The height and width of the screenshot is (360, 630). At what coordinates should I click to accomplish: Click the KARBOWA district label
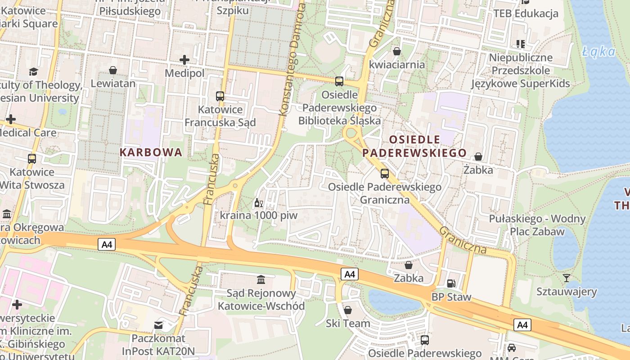click(x=151, y=152)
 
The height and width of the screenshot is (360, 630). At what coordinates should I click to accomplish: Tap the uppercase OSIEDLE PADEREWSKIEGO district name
click(x=414, y=146)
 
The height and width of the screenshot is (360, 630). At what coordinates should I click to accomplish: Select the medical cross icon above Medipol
click(x=184, y=59)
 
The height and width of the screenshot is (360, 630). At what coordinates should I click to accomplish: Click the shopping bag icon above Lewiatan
click(x=113, y=70)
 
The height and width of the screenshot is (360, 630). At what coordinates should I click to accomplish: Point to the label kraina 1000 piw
click(x=259, y=215)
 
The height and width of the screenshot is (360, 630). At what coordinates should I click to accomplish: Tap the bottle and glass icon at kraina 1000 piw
click(x=258, y=203)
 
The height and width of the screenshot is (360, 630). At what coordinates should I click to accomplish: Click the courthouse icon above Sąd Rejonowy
click(x=261, y=280)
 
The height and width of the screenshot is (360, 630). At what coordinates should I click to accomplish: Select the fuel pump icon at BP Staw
click(x=451, y=283)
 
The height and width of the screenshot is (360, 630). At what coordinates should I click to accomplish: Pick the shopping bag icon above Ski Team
click(x=348, y=310)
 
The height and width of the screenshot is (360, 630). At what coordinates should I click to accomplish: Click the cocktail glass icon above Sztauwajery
click(x=567, y=278)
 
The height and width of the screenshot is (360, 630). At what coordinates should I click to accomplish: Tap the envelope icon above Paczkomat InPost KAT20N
click(x=158, y=324)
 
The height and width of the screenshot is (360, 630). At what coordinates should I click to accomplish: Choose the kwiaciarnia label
click(x=396, y=64)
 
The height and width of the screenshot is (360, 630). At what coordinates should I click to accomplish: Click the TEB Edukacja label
click(x=526, y=13)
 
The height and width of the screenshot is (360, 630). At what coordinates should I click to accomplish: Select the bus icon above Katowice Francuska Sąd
click(x=220, y=96)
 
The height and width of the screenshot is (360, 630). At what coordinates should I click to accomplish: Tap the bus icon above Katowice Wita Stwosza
click(x=32, y=158)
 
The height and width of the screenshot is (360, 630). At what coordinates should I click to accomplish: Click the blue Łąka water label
click(x=598, y=52)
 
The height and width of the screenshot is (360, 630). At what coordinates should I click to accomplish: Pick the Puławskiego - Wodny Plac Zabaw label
click(x=537, y=225)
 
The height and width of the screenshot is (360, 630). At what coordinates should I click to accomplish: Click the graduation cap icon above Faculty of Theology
click(x=33, y=72)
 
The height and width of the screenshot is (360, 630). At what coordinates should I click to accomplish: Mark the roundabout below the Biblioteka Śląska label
click(x=351, y=134)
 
